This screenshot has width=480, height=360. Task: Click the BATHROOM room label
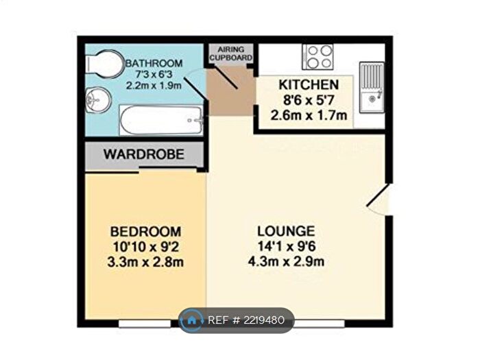click(153, 63)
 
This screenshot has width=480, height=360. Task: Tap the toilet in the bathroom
click(101, 66)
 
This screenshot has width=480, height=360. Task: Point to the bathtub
click(160, 120)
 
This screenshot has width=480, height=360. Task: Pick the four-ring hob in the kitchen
click(318, 57)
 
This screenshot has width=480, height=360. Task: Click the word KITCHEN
click(308, 85)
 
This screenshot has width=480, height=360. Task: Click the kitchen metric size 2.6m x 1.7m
click(308, 115)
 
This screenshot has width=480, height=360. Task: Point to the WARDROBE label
click(144, 155)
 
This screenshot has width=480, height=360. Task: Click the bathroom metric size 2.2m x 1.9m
click(153, 86)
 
